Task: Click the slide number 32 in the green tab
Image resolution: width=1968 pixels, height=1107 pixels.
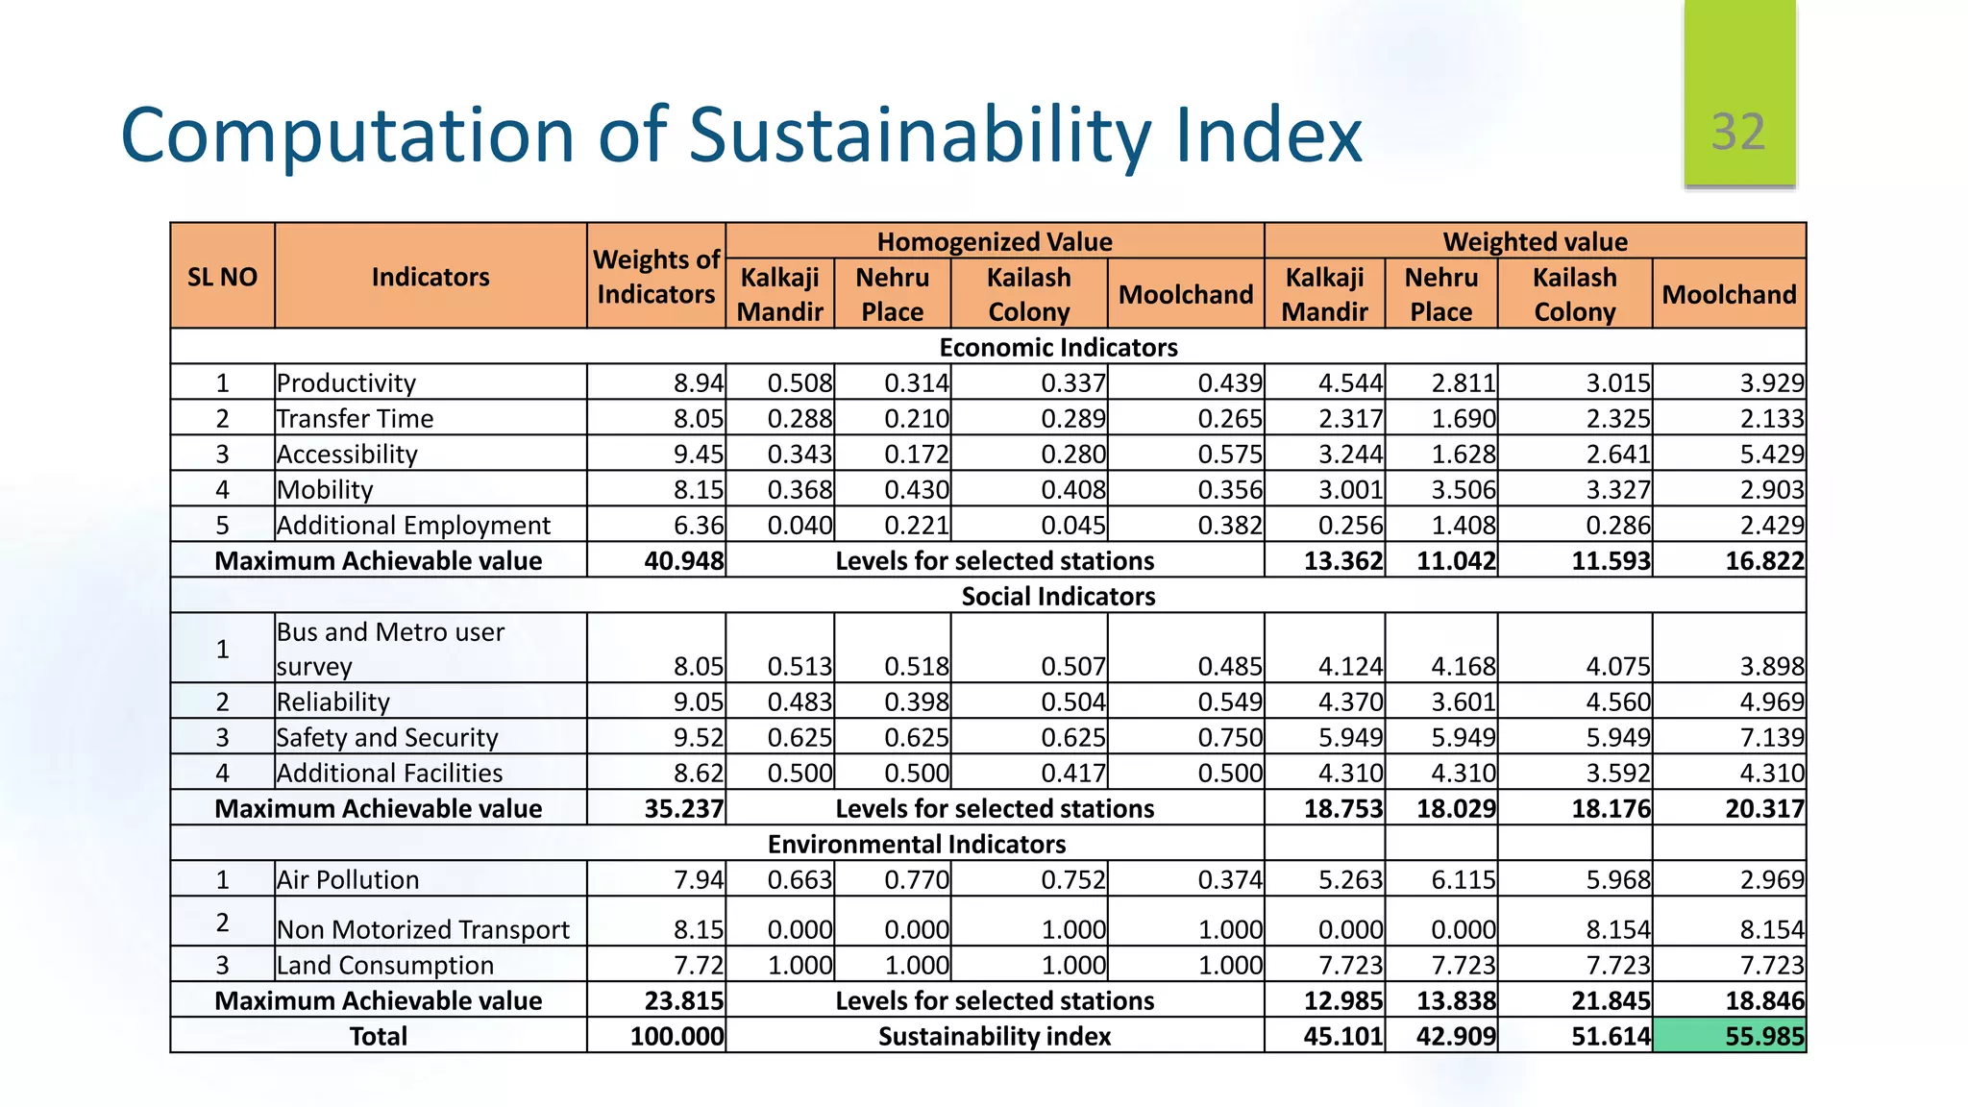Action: click(1737, 132)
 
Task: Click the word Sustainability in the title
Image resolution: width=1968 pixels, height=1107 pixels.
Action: click(920, 135)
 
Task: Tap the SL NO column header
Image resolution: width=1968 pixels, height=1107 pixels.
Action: click(222, 277)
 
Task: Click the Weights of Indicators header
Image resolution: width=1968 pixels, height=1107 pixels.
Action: click(655, 277)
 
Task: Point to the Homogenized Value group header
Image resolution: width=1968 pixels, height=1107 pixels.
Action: click(994, 241)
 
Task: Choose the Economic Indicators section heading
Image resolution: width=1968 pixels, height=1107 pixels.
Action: click(1057, 347)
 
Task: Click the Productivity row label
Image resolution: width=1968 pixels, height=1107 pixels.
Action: click(346, 382)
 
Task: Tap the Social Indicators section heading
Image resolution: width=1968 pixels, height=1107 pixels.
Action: click(1057, 596)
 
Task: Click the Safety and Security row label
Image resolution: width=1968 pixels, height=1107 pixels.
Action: click(386, 737)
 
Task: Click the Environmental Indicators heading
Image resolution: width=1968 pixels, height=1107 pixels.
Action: click(916, 844)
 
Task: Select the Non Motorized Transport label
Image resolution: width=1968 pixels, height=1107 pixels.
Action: click(423, 929)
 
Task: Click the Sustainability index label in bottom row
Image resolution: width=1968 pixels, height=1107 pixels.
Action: click(994, 1036)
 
